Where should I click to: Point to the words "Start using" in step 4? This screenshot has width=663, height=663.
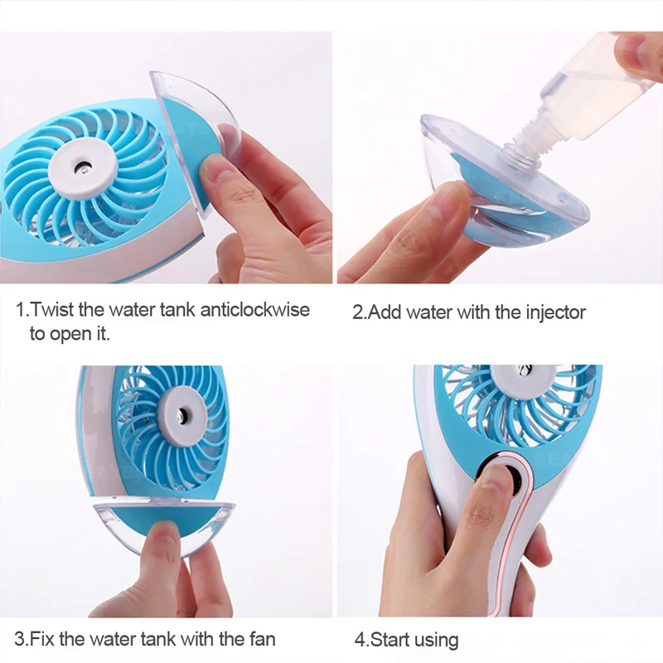(414, 640)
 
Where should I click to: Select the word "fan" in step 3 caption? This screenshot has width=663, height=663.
(259, 639)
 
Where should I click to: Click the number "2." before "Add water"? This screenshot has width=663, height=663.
(360, 312)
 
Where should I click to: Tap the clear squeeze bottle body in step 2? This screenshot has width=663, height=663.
(597, 83)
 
